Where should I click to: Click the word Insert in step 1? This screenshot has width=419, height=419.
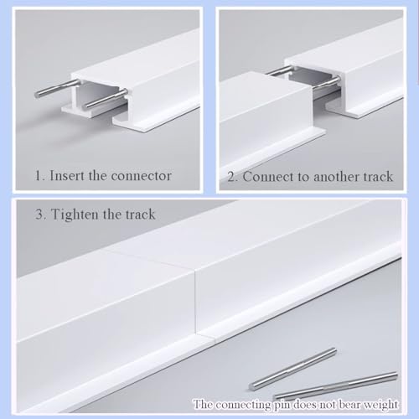(x=66, y=176)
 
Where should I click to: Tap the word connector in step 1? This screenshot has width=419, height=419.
(x=141, y=176)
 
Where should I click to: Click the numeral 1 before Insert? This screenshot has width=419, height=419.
(x=39, y=176)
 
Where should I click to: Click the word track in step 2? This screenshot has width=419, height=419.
(x=378, y=177)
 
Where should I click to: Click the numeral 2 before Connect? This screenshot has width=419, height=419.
(x=232, y=177)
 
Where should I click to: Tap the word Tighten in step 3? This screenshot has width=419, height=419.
(x=75, y=215)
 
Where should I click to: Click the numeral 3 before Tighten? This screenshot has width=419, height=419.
(x=40, y=215)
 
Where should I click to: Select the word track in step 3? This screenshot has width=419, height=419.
(x=140, y=215)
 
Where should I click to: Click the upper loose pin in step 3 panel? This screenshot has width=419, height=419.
(x=292, y=369)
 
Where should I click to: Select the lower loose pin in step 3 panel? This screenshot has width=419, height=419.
(x=335, y=385)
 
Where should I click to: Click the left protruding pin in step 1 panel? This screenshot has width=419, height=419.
(x=57, y=89)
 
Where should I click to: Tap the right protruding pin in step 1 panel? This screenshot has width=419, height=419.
(x=106, y=98)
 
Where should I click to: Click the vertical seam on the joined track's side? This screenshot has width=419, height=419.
(x=196, y=303)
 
